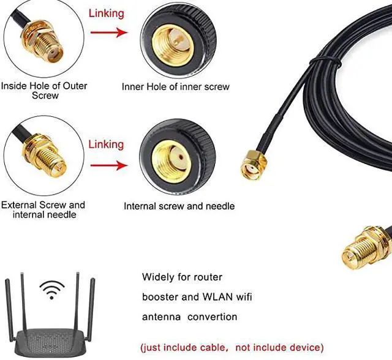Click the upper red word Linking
click(x=107, y=13)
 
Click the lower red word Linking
click(x=106, y=144)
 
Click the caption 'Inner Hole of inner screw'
click(x=176, y=86)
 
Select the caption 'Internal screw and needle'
click(x=179, y=206)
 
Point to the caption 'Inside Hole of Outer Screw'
click(x=45, y=91)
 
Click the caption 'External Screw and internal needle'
click(x=43, y=209)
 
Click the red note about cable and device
click(x=232, y=347)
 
